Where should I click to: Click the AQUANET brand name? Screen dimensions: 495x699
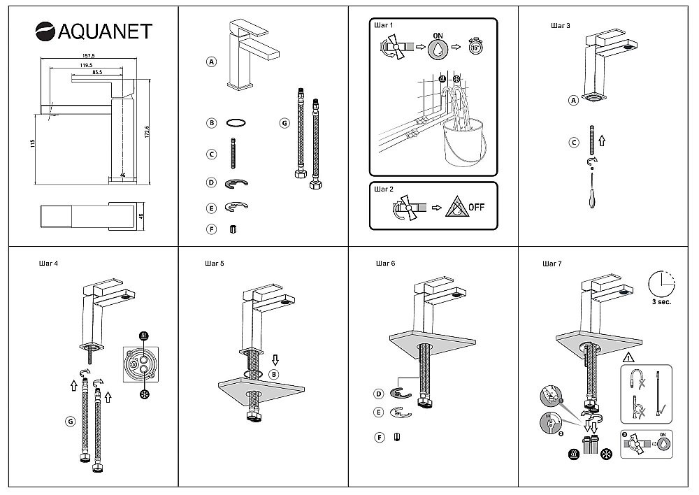tap(103, 32)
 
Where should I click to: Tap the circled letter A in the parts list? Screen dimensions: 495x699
tap(211, 62)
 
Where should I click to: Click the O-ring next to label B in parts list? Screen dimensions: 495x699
tap(238, 122)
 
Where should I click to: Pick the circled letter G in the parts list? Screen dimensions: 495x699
tap(284, 122)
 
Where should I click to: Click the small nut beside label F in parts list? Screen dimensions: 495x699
tap(233, 229)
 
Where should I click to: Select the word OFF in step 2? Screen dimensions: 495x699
tap(476, 207)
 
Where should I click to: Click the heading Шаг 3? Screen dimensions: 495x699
tap(561, 26)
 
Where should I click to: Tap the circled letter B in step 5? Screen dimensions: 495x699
tap(274, 374)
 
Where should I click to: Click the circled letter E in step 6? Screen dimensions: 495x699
tap(379, 412)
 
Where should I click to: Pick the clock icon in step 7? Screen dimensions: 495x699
tap(662, 284)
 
